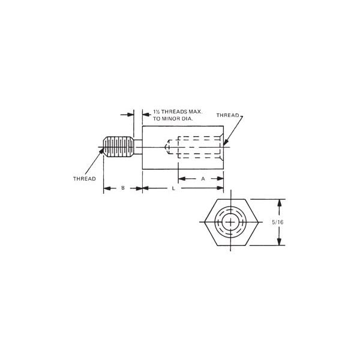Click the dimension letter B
[x=123, y=188]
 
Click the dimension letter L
[x=173, y=188]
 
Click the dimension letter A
[x=203, y=179]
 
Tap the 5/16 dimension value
[x=278, y=222]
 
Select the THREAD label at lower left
[x=85, y=179]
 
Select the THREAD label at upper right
[x=227, y=115]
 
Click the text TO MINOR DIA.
[x=173, y=119]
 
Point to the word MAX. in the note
[x=196, y=112]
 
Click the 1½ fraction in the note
[x=156, y=112]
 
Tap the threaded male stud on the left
[x=118, y=147]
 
